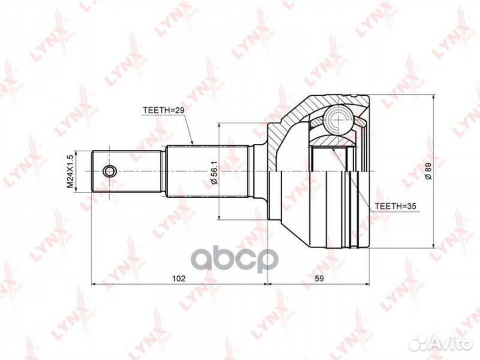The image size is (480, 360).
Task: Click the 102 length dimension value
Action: coord(178,277)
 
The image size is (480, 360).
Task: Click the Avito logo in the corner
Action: coord(439,342)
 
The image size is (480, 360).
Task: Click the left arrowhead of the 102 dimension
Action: coord(94,285)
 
